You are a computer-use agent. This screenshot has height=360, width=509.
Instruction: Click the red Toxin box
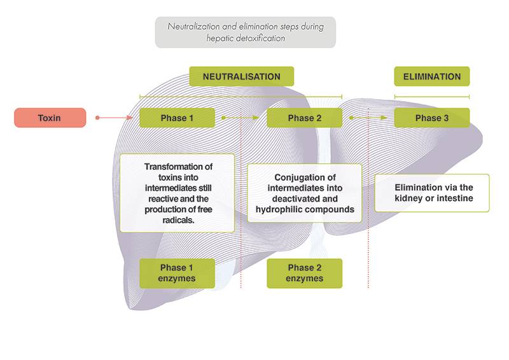(50, 118)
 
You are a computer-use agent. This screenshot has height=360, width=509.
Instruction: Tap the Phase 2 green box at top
(304, 118)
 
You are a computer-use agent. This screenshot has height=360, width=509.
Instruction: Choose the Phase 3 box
(432, 118)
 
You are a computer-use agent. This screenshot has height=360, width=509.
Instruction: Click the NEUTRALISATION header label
(241, 76)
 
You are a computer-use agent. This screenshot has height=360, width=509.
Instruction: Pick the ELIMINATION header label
(432, 76)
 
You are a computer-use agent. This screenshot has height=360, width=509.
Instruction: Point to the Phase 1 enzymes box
(177, 273)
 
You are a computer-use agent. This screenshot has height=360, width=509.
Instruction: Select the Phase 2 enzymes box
(304, 273)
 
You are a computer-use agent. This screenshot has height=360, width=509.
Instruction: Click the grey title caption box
(245, 32)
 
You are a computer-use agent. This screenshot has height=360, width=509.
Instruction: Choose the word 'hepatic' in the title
(220, 38)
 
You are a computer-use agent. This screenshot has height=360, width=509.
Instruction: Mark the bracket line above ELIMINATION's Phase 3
(432, 97)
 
